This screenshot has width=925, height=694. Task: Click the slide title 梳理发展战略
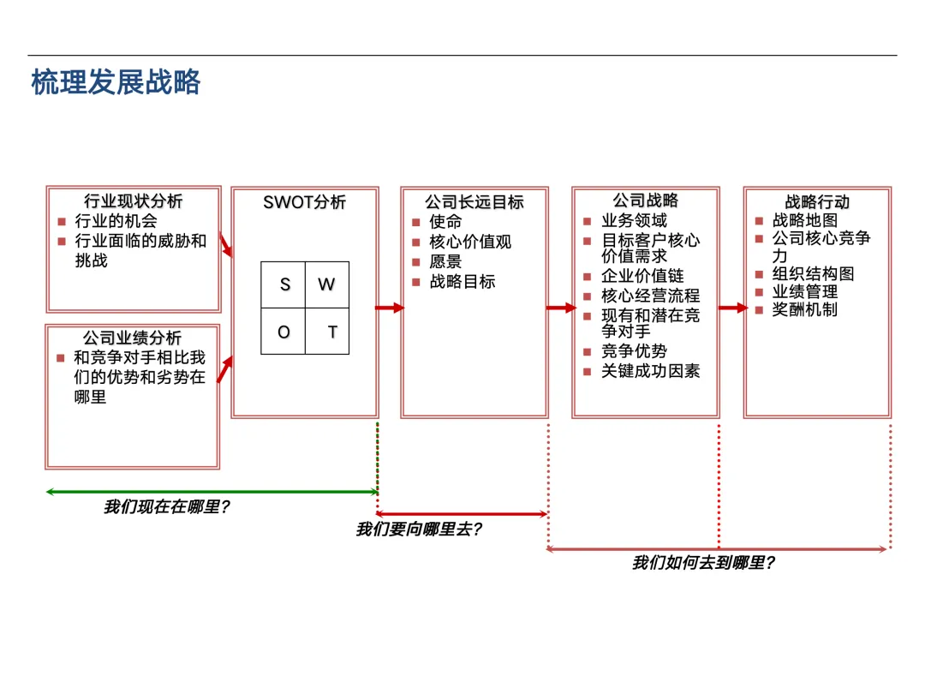116,82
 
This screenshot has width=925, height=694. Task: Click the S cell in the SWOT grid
283,284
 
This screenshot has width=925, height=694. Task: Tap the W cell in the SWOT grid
327,284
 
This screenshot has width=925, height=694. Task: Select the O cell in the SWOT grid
283,332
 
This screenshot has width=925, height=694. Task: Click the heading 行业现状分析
133,201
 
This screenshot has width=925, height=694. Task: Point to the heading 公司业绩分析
133,338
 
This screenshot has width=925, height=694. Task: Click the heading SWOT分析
305,202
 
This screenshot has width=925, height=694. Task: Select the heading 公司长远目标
474,202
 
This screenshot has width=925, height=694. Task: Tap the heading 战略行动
817,202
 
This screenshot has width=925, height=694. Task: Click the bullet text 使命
446,222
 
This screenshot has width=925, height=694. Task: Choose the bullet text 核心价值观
470,242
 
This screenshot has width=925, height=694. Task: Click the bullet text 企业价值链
642,276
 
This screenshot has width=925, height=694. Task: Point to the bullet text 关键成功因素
651,371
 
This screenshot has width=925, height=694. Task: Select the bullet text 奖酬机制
805,309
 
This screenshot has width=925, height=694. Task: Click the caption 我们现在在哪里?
167,507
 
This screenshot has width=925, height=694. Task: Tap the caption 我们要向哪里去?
419,529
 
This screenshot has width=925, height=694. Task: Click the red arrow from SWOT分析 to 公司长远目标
390,308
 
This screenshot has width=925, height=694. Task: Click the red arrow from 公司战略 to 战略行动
732,308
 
